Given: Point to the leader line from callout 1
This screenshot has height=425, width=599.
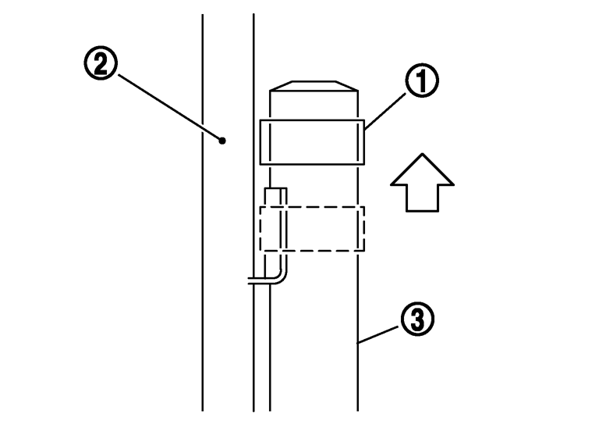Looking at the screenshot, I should pyautogui.click(x=384, y=107).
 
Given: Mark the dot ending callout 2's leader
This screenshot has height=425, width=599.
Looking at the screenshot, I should pyautogui.click(x=222, y=141).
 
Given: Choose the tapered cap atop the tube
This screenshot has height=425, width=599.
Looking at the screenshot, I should pyautogui.click(x=312, y=85).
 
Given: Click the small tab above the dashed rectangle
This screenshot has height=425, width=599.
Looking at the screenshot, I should pyautogui.click(x=276, y=196).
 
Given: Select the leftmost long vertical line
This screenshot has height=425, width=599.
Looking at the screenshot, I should pyautogui.click(x=203, y=234).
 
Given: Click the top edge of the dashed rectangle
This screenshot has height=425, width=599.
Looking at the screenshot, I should pyautogui.click(x=320, y=206).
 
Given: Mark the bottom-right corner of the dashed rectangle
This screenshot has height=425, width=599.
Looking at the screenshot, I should pyautogui.click(x=363, y=252).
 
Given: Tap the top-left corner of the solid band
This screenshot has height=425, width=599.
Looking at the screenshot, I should pyautogui.click(x=261, y=120).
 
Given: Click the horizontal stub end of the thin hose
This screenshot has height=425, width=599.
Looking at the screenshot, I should pyautogui.click(x=253, y=282).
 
